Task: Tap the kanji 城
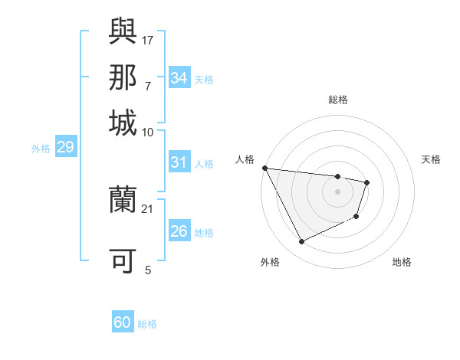point(123,123)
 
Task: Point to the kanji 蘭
point(123,200)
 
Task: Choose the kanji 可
point(123,261)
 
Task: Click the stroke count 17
point(148,39)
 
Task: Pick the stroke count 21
point(148,208)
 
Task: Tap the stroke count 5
point(148,270)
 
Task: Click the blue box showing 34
point(179,77)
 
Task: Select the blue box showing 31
point(179,162)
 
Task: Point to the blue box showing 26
point(179,231)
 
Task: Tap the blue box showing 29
point(65,147)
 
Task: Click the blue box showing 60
point(123,322)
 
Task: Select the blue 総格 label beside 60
point(147,324)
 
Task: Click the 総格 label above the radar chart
point(337,100)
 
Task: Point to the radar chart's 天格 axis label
point(432,159)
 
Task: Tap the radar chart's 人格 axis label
point(245,159)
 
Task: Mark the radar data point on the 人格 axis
point(264,168)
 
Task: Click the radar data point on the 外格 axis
point(301,242)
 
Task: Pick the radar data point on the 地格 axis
point(357,218)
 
